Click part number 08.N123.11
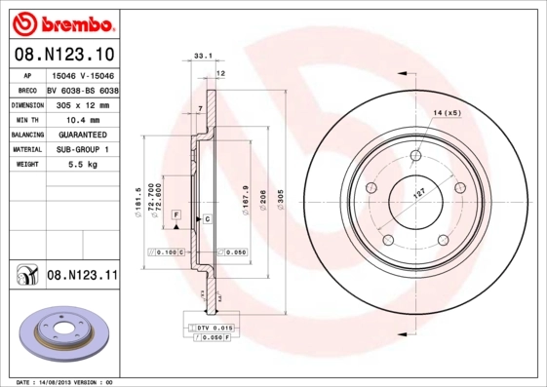click(82, 277)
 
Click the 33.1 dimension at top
click(203, 58)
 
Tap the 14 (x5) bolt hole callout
click(447, 114)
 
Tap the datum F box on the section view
click(176, 213)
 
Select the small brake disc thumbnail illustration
click(59, 337)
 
